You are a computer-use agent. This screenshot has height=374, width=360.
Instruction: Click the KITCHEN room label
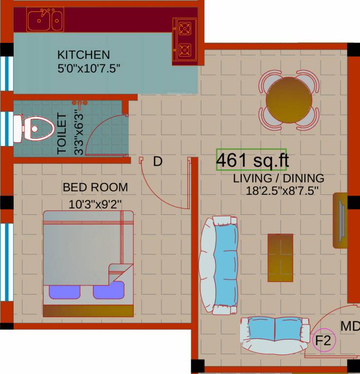coord(83,54)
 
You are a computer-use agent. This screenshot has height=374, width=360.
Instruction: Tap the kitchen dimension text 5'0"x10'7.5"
coord(89,68)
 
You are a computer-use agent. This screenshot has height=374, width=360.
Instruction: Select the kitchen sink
coord(45,20)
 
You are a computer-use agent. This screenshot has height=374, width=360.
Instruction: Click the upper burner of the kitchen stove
coord(185,28)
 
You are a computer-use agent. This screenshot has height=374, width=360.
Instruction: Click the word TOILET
coord(62,133)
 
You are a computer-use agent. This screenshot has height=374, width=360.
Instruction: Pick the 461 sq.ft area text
coord(251,160)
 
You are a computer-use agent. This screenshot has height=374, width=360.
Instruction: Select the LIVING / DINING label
coord(278,178)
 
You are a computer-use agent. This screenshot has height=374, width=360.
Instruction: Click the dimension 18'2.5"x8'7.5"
coord(282,190)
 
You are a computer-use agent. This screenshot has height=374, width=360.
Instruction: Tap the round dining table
coord(289,100)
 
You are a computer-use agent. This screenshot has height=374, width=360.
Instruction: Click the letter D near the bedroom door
coord(157,162)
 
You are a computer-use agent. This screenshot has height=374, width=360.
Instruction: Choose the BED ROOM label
coord(95,187)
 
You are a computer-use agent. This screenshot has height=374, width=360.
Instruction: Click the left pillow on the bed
coord(65,292)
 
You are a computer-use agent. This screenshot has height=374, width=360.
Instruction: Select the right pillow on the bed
coord(109,291)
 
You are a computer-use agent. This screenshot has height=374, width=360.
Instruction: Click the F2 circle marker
coord(324,341)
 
